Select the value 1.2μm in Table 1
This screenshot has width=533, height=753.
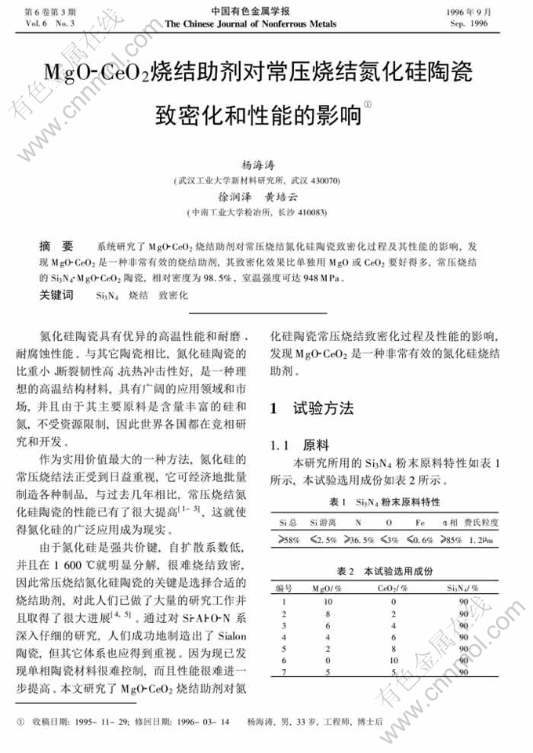tap(483, 540)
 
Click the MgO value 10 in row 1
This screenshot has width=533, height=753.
tap(328, 602)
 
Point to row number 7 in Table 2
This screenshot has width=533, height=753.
tap(283, 673)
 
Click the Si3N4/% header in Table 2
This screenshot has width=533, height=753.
tap(463, 588)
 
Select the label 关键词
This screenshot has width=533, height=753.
tap(56, 295)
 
